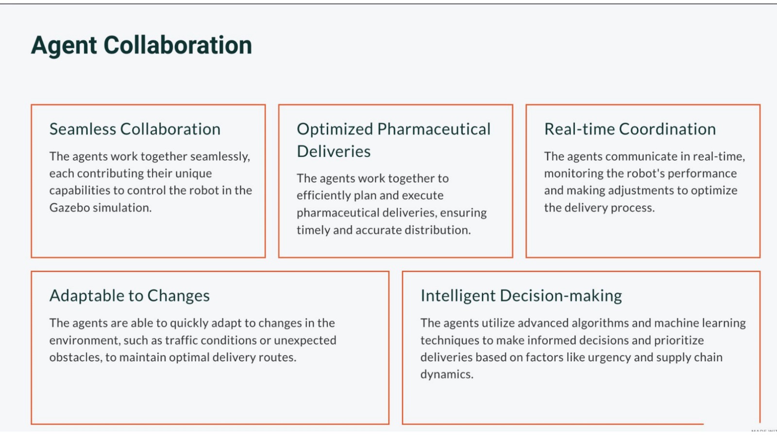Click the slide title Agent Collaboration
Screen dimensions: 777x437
coord(141,46)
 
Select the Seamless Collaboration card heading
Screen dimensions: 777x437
coord(135,129)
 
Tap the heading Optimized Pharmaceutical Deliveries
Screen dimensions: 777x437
coord(394,140)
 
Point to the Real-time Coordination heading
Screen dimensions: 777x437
coord(630,129)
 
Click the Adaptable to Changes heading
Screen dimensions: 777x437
coord(129,296)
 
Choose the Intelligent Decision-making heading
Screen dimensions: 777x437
coord(521,296)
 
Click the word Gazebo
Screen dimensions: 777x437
coord(70,207)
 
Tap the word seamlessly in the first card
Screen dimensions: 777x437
coord(220,157)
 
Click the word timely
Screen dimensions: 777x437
coord(313,230)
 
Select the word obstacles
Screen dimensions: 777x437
coord(76,357)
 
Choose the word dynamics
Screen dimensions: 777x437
coord(447,374)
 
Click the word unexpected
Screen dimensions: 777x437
coord(305,341)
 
